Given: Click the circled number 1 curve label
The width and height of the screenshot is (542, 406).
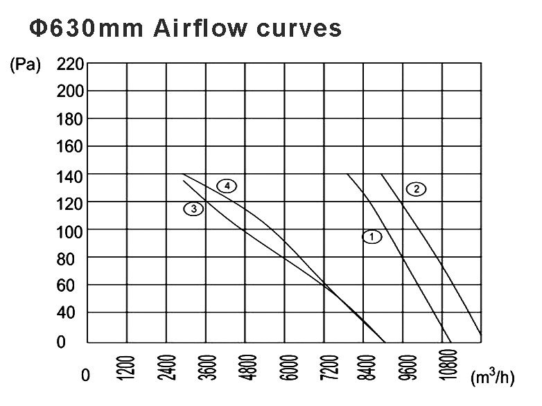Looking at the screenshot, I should tap(372, 237).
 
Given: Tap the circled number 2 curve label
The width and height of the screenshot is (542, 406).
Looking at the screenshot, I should tap(416, 189).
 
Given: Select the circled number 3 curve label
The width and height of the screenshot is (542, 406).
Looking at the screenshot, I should tap(193, 208).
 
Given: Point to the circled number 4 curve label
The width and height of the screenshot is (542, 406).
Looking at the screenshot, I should tap(227, 186).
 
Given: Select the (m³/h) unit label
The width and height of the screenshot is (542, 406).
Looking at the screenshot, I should tap(491, 377).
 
